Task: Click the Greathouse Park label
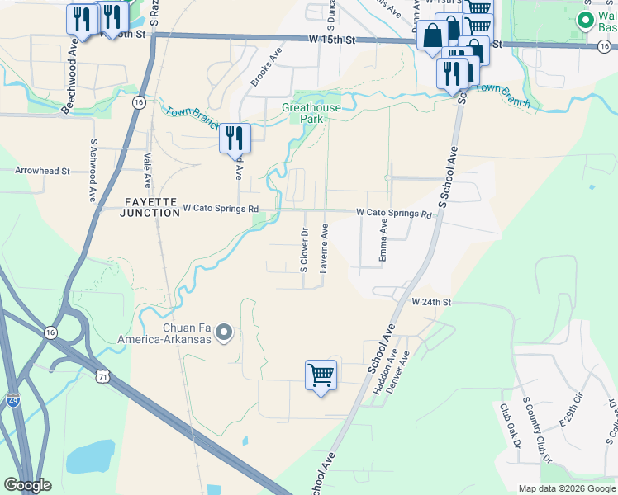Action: pyautogui.click(x=310, y=113)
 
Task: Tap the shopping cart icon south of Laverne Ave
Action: pyautogui.click(x=321, y=375)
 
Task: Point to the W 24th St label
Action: pyautogui.click(x=432, y=303)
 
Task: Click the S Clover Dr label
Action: pyautogui.click(x=303, y=250)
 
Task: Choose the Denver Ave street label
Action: pyautogui.click(x=403, y=371)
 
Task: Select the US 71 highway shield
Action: pyautogui.click(x=102, y=376)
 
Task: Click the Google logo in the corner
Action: pyautogui.click(x=27, y=485)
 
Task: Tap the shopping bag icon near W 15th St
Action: pyautogui.click(x=432, y=36)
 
